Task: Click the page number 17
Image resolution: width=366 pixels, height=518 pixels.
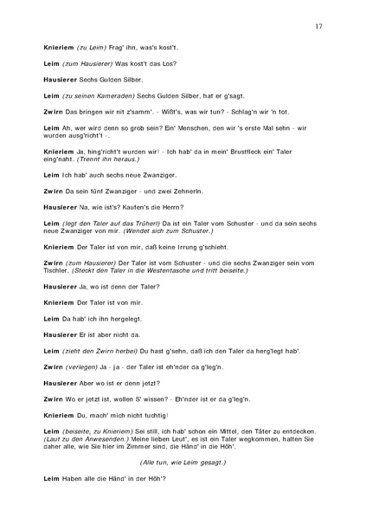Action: click(318, 27)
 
